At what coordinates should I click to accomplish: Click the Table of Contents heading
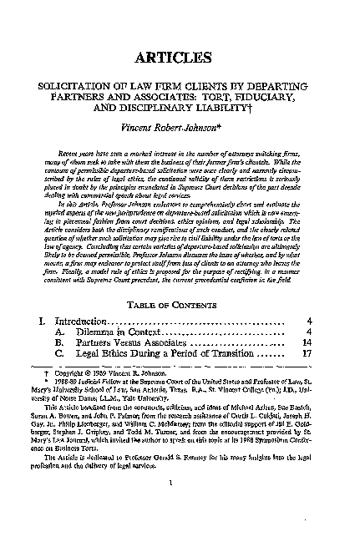[x=180, y=282]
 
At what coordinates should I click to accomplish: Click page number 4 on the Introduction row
[x=310, y=297]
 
